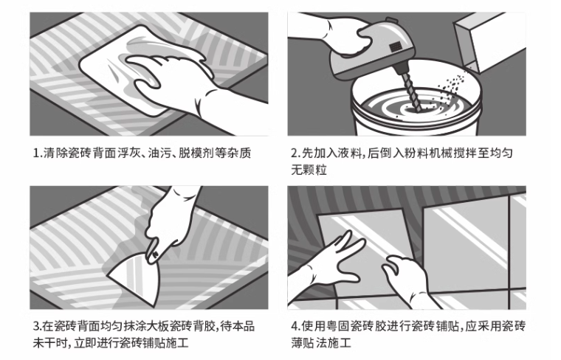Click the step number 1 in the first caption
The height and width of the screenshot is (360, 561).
coord(36,153)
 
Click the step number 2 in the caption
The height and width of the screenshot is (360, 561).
coord(294,153)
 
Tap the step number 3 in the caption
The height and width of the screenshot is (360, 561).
coord(36,326)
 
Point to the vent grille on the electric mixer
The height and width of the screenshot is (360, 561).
coord(395,46)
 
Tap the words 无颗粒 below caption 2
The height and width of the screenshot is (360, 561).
coord(309,170)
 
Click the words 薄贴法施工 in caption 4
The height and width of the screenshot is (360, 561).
coord(321,343)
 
